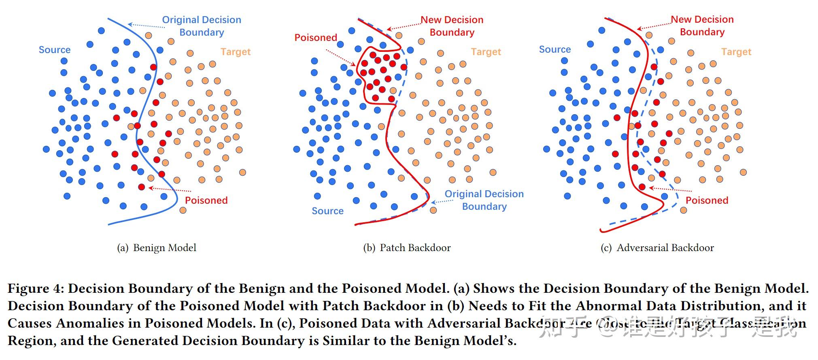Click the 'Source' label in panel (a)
coord(54,50)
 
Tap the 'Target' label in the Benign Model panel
coord(235,52)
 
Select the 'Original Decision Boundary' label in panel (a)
coord(201,26)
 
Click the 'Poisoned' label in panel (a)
coord(206,200)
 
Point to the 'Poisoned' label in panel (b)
coord(315,38)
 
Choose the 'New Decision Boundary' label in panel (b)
coord(452,26)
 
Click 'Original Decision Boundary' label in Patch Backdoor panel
coord(484,200)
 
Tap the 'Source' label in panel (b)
coord(327,211)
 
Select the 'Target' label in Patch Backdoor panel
coord(486,52)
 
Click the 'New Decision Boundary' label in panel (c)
coord(702,26)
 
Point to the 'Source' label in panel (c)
coord(555,49)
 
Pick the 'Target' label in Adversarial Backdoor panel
coord(736,52)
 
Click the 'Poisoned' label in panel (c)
coord(707,200)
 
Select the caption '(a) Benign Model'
coord(157,248)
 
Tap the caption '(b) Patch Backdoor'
coord(407,248)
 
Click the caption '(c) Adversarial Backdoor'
coord(657,248)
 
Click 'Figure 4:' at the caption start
coord(35,289)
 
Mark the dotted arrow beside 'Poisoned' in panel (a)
coord(170,189)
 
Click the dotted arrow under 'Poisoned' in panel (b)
coord(341,57)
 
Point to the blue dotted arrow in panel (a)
coord(147,26)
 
